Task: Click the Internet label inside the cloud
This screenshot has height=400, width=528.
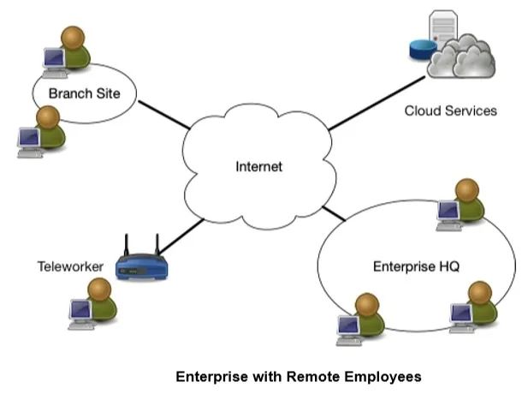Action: coord(258,166)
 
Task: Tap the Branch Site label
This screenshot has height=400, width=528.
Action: coord(84,93)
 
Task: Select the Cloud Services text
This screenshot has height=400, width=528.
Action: coord(450,110)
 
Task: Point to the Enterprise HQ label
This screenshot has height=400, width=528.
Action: coord(416,266)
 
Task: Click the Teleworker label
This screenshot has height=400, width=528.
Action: coord(70,266)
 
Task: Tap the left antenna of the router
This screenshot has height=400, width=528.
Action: coord(127,245)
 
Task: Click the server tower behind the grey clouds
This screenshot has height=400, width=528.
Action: coord(443,27)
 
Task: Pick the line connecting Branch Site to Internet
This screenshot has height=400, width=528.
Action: coord(164,115)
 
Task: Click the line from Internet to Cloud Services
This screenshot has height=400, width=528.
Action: coord(377,103)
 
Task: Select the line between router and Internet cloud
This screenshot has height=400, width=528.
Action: coord(181,236)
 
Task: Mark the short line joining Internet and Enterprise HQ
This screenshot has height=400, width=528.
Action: coord(334,213)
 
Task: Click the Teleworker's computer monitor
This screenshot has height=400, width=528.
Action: coord(80,310)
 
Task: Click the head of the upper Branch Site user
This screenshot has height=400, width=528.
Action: coord(73,38)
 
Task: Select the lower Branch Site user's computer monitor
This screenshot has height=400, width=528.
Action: coord(29,138)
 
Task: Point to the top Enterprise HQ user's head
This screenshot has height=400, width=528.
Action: coord(467,190)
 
